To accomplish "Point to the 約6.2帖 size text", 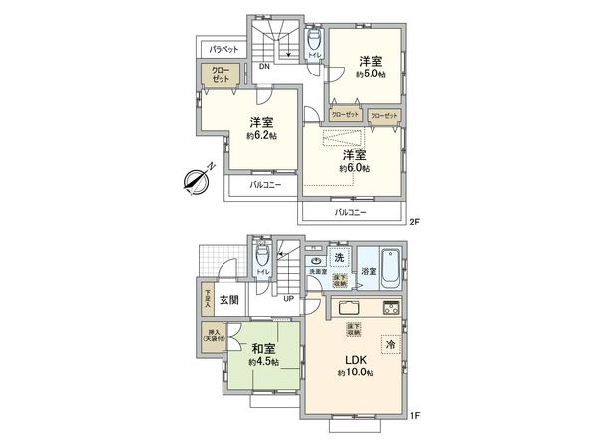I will [x=261, y=135].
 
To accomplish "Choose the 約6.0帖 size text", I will [x=354, y=169].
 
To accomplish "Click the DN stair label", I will [x=264, y=67].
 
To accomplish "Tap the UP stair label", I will [x=288, y=296].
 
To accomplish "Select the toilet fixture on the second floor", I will [x=314, y=41].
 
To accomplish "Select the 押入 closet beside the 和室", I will [x=214, y=335].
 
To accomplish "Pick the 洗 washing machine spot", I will [x=339, y=258].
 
